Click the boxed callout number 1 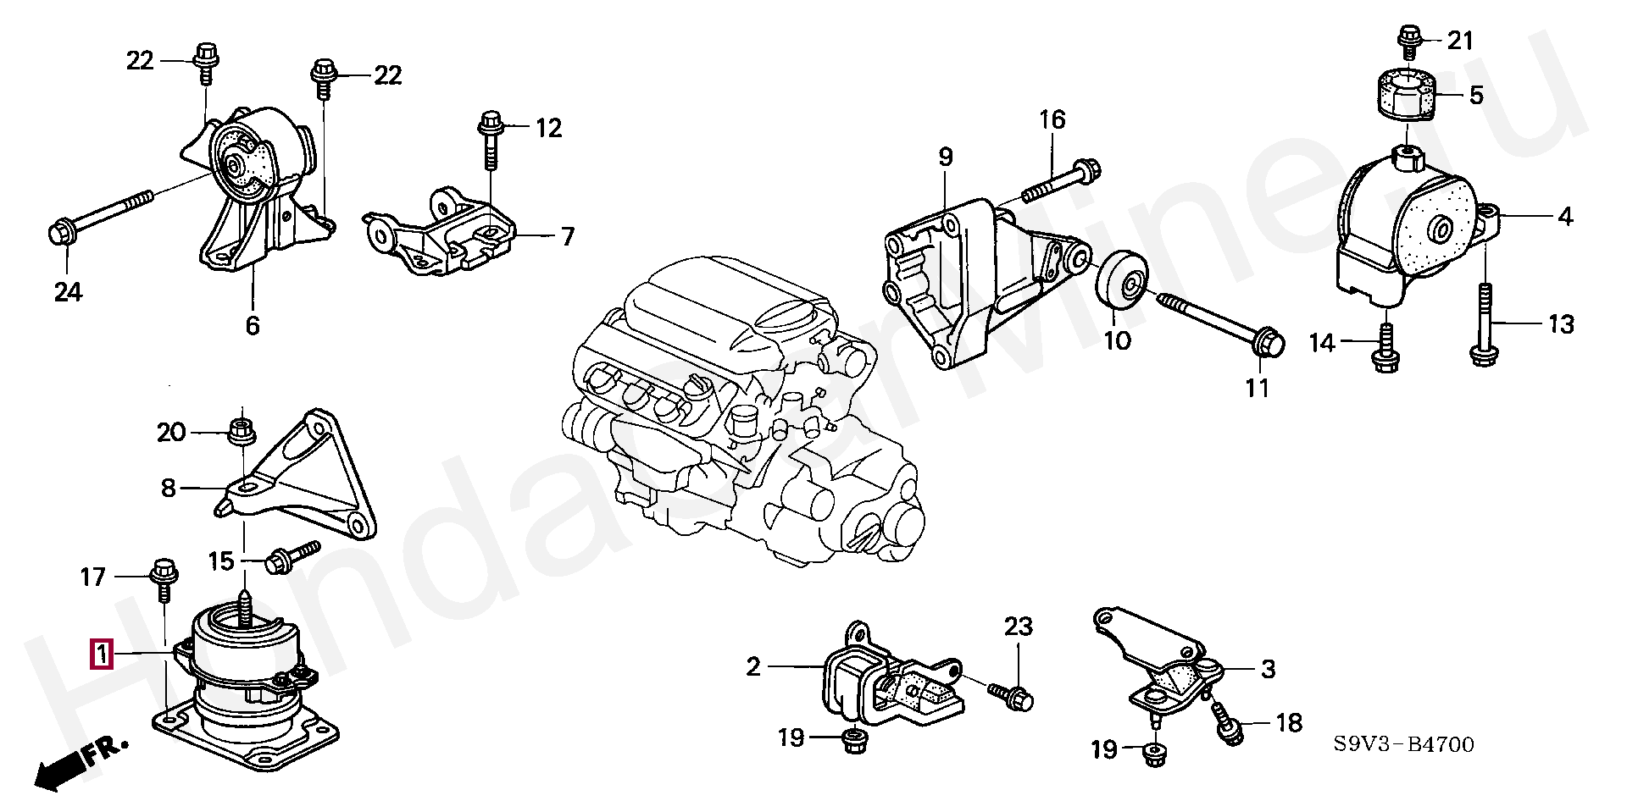101,655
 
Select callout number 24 68,292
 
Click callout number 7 566,235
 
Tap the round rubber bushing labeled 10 1122,282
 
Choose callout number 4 1564,217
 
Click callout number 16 1052,119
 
